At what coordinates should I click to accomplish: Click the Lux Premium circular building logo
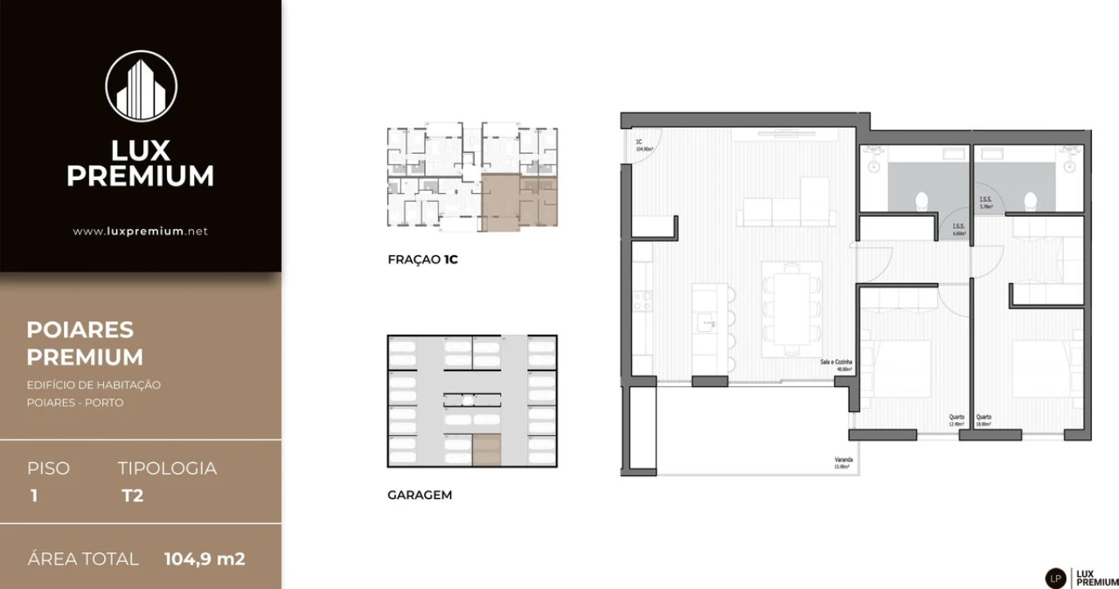(141, 86)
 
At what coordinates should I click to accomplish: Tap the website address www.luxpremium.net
(140, 232)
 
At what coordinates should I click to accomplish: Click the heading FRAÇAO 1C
(423, 260)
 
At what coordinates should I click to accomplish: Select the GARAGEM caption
(419, 495)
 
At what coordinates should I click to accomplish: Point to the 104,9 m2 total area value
(205, 560)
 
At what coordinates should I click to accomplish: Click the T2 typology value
(132, 496)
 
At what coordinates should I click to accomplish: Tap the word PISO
(48, 469)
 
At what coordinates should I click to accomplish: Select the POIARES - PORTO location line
(74, 402)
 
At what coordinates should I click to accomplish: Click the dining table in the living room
(792, 308)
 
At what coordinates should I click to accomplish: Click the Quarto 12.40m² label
(956, 420)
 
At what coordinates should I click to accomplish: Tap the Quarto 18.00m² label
(984, 420)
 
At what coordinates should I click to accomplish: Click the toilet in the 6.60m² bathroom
(921, 201)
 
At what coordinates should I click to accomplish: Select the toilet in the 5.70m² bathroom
(1031, 200)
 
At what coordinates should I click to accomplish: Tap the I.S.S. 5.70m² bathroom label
(986, 203)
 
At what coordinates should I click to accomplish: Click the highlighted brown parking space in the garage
(486, 450)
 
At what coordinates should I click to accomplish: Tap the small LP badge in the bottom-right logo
(1056, 578)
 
